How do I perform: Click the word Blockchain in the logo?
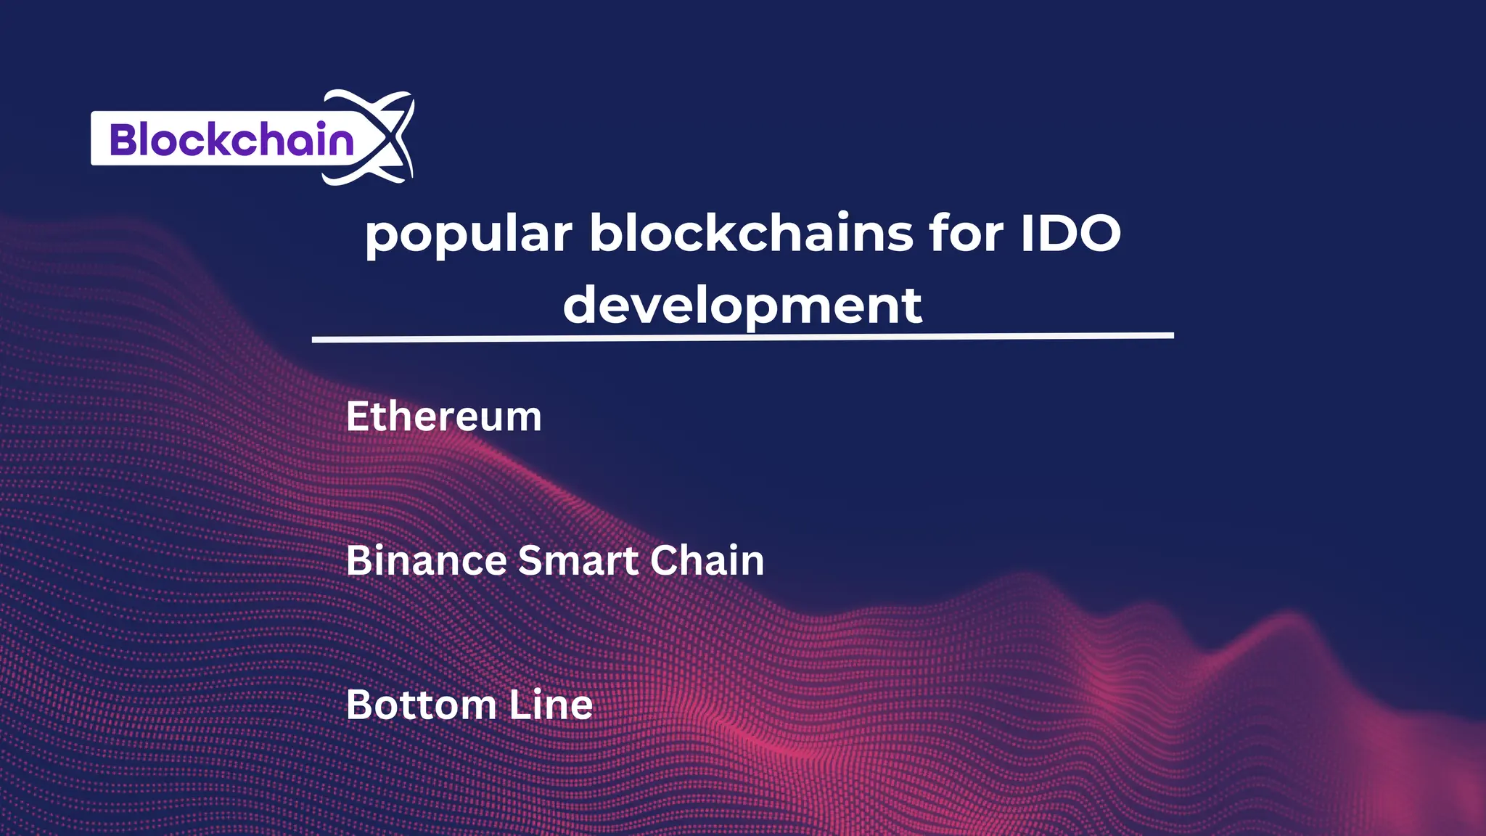[x=231, y=139]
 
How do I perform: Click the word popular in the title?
[x=469, y=234]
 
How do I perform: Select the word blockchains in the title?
[x=751, y=233]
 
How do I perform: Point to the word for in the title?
[x=966, y=233]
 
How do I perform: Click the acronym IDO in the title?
[x=1070, y=234]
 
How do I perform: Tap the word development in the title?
[x=742, y=306]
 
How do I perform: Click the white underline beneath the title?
[x=742, y=337]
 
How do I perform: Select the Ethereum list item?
[x=443, y=417]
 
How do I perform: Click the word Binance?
[x=426, y=561]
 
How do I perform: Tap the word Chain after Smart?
[x=707, y=561]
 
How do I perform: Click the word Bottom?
[x=421, y=705]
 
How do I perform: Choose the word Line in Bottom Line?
[x=551, y=705]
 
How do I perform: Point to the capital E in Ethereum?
[x=358, y=417]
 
